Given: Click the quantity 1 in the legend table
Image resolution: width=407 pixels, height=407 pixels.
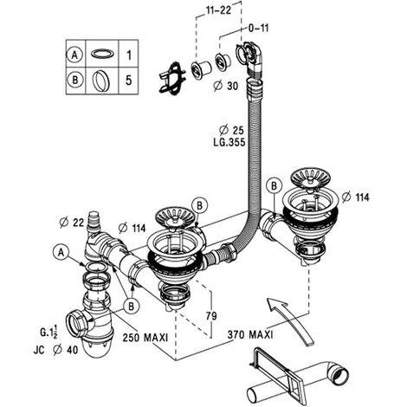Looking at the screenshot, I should coord(130,54).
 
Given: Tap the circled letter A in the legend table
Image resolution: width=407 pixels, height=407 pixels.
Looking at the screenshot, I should coord(74,54).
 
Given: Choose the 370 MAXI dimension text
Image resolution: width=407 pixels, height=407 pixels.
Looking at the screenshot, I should coord(252,334).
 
